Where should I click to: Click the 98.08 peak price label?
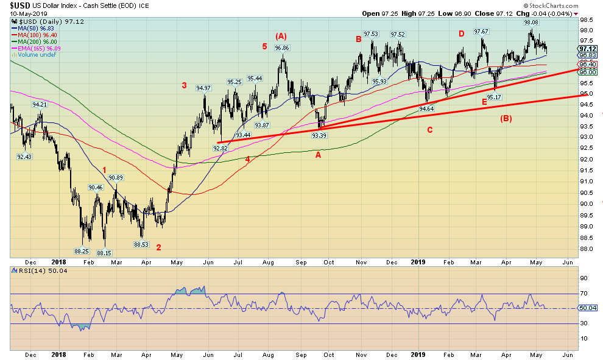[531, 22]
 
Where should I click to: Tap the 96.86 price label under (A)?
[281, 48]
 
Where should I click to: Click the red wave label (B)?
[506, 118]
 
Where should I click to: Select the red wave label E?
[484, 102]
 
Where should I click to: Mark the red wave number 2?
[158, 247]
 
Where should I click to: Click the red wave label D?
[461, 34]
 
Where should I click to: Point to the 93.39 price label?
[320, 135]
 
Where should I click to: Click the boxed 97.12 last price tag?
[587, 49]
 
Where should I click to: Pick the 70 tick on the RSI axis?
[583, 294]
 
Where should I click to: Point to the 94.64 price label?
[427, 108]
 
